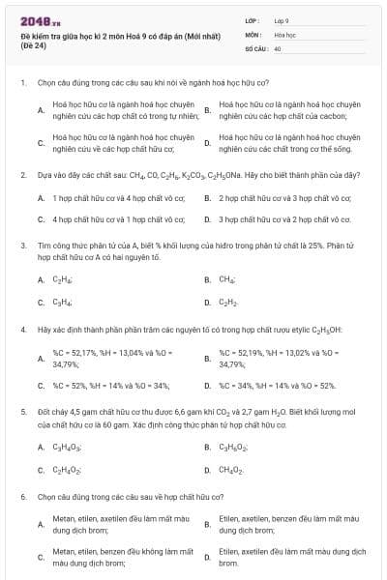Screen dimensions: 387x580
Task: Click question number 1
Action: coord(22,83)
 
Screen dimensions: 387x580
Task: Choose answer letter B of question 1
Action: coord(207,110)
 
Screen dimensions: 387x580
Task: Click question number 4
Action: coord(22,330)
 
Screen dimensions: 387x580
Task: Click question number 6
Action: coord(22,497)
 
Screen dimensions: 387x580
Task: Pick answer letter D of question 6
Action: coord(207,556)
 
